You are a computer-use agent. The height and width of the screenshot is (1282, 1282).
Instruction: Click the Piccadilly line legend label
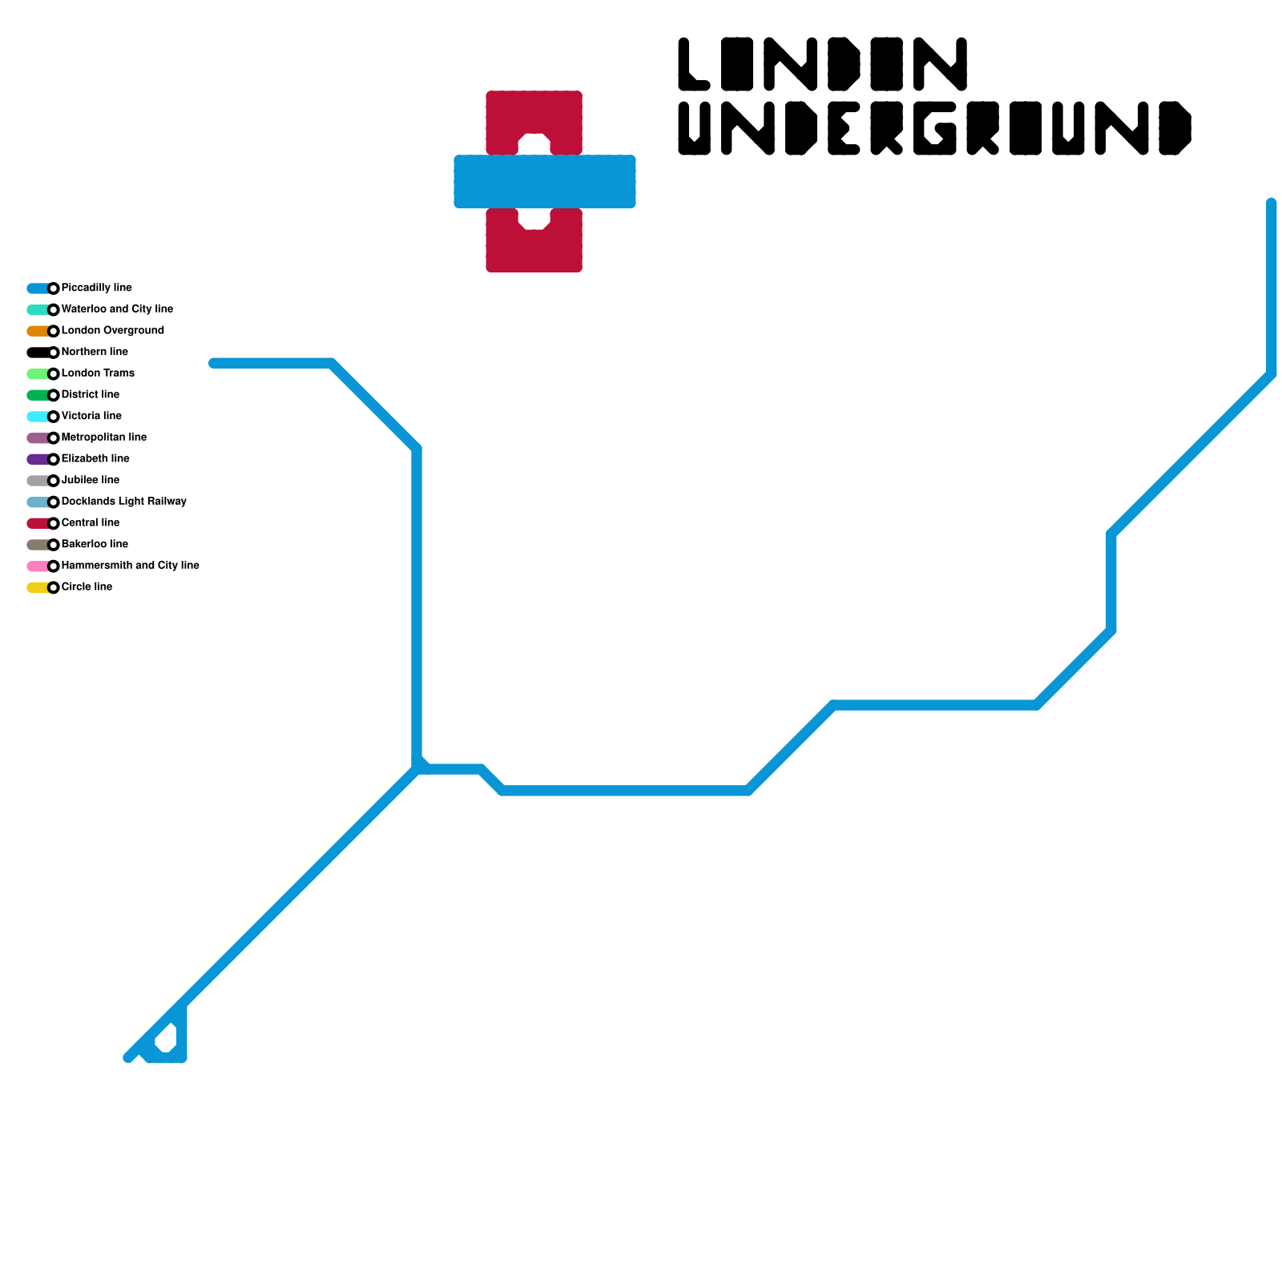[96, 288]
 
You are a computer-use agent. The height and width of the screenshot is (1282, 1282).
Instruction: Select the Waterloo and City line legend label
[117, 309]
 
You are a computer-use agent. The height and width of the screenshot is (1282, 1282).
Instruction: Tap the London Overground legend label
[112, 330]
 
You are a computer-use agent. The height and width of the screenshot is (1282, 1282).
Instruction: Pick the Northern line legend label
[95, 352]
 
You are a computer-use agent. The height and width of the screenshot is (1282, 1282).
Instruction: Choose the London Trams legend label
[98, 373]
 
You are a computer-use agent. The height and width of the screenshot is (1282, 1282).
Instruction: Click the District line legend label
[90, 394]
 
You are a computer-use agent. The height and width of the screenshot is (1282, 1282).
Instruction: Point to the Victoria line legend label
[91, 416]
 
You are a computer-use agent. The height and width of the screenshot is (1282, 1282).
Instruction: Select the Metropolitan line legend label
[103, 437]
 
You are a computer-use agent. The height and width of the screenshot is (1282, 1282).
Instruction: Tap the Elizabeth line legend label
[95, 458]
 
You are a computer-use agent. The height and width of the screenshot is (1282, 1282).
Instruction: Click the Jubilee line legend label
[90, 480]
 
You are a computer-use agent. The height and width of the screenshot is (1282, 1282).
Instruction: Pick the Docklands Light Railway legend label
[123, 502]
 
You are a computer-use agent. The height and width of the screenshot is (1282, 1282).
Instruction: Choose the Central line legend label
[90, 522]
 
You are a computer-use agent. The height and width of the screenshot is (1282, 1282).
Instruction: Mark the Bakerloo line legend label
[95, 544]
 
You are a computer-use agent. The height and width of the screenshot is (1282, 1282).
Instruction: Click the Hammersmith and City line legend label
[130, 566]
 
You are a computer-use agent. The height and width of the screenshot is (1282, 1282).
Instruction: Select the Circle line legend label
[87, 587]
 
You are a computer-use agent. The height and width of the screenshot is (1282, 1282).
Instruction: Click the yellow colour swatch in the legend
[37, 587]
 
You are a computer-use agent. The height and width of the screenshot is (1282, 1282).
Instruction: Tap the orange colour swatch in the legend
[37, 331]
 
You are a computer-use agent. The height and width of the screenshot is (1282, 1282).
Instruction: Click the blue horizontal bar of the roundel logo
[545, 182]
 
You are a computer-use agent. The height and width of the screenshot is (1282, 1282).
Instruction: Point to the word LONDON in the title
[822, 64]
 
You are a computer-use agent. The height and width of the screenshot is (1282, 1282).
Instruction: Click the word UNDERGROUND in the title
[934, 128]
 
